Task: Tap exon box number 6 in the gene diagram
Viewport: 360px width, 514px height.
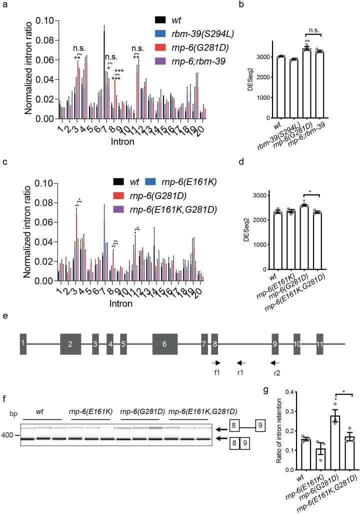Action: click(x=165, y=344)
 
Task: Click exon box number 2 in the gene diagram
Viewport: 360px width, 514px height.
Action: click(x=70, y=344)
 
